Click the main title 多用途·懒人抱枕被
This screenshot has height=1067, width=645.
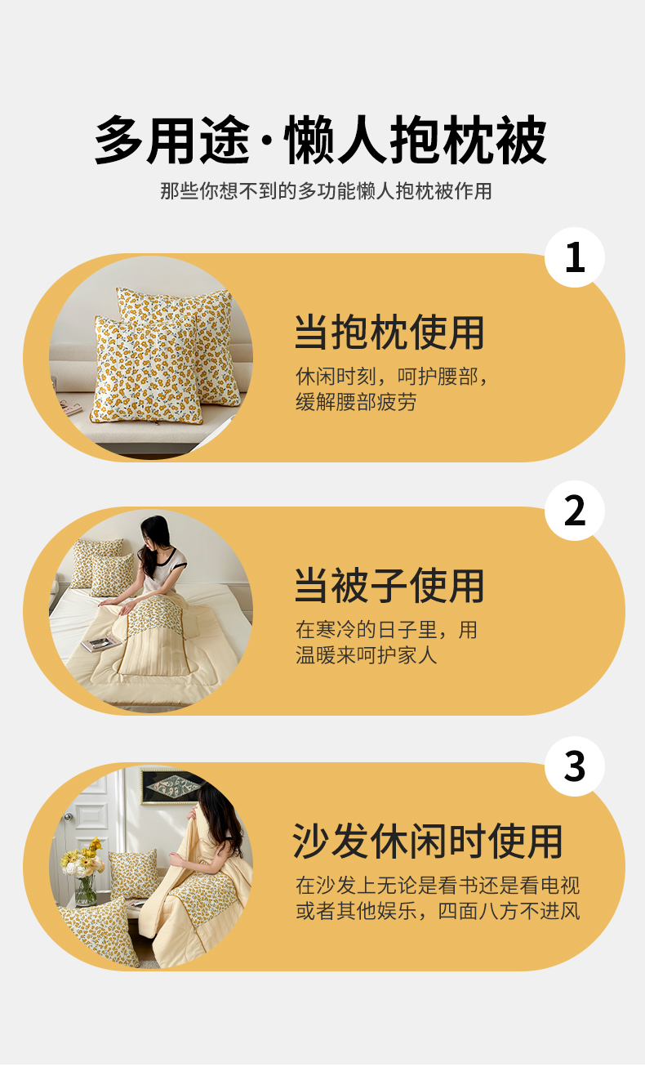(321, 140)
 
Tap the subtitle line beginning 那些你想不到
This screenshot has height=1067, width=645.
(326, 191)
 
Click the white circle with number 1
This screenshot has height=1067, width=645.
(575, 257)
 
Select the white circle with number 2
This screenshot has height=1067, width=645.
(575, 511)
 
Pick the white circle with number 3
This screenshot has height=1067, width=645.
(575, 766)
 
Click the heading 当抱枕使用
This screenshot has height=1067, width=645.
(389, 332)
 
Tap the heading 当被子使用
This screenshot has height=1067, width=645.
(389, 586)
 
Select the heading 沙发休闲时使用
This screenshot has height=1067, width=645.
(428, 842)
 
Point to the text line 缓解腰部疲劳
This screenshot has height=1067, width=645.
(356, 402)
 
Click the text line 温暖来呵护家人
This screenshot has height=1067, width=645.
(366, 655)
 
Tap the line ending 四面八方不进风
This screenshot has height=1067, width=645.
(438, 911)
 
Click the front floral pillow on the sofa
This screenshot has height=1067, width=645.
(147, 370)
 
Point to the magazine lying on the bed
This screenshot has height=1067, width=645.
(102, 643)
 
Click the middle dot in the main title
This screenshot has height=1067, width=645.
(267, 141)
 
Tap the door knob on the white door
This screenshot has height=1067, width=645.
(68, 817)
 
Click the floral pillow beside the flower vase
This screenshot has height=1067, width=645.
(133, 873)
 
